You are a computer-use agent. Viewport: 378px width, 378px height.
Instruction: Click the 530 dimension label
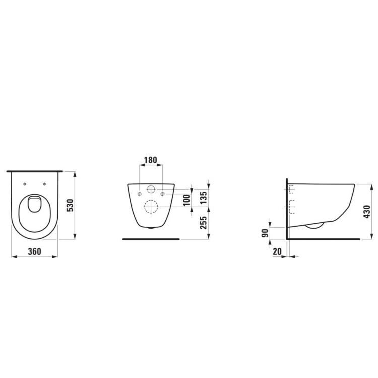(x=70, y=205)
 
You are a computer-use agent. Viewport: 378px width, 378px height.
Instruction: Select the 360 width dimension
(x=35, y=251)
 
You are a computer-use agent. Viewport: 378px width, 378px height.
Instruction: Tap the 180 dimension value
(x=150, y=160)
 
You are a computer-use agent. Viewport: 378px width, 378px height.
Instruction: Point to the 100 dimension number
(x=187, y=200)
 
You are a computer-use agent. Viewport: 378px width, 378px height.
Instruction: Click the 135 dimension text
(x=204, y=198)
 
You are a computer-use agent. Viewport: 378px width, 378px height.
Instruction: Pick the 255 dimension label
(x=204, y=222)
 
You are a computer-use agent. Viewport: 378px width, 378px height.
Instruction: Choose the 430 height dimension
(x=367, y=212)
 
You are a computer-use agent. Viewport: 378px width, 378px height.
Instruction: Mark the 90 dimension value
(x=265, y=233)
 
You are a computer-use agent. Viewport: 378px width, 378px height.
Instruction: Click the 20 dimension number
(x=277, y=251)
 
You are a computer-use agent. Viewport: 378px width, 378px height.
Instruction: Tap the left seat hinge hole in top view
(x=25, y=184)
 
